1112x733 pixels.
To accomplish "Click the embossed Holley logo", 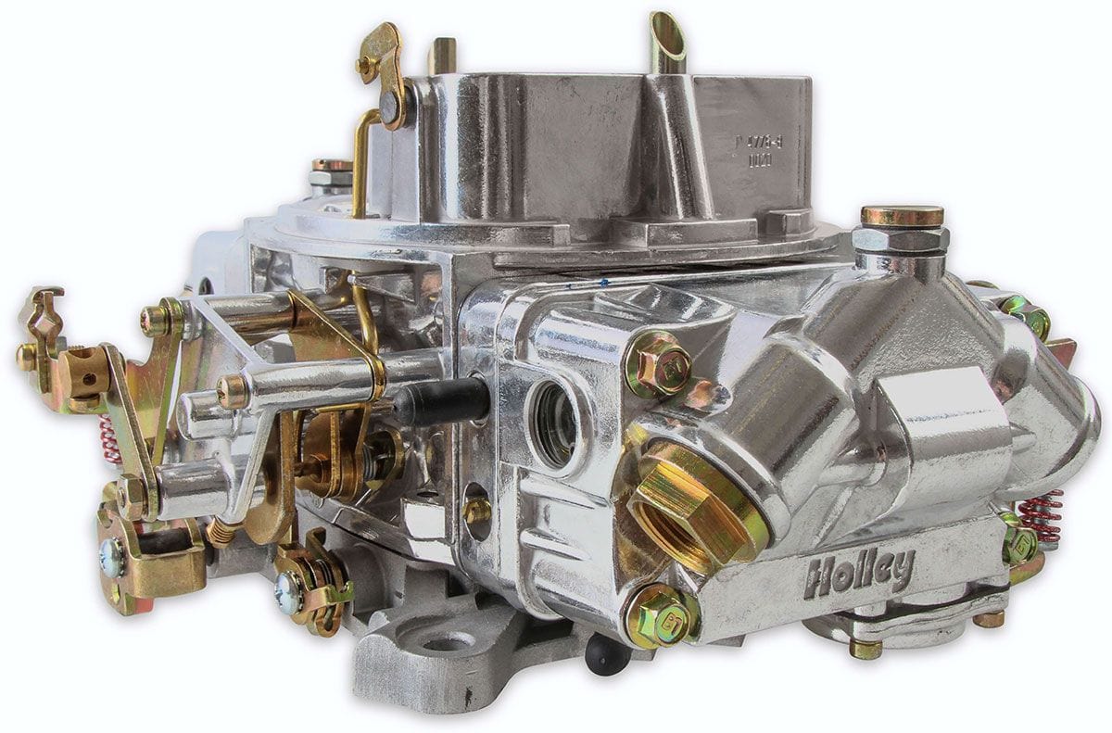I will click(859, 572).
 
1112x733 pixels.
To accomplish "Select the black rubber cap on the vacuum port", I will click(446, 401).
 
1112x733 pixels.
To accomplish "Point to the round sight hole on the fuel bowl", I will click(555, 423).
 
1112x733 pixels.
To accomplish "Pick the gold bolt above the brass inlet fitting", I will click(659, 363).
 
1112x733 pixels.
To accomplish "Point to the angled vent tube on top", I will click(667, 41).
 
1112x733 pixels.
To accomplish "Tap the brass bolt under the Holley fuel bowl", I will click(866, 649).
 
